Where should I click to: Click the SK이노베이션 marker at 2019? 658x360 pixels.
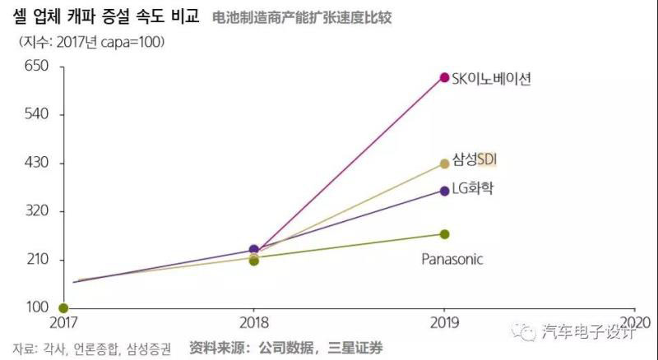(444, 78)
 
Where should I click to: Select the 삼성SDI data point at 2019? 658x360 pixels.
(444, 164)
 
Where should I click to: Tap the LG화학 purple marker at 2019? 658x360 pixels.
(444, 191)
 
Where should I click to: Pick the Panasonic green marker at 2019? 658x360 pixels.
(444, 234)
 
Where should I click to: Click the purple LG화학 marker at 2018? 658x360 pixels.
(254, 249)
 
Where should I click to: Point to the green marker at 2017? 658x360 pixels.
(63, 308)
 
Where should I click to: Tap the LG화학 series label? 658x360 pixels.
(476, 190)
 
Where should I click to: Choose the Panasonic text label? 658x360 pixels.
(452, 259)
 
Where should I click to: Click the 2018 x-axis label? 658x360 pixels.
(253, 321)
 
